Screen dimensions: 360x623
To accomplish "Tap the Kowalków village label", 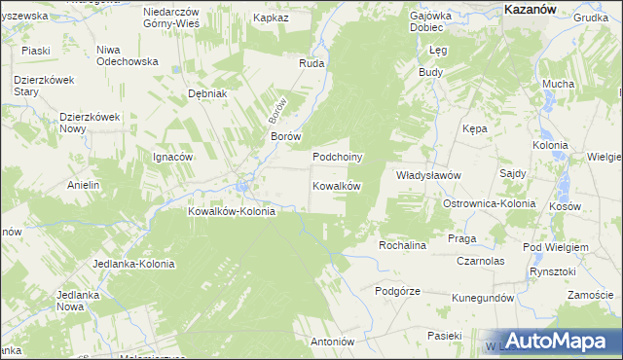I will point(337,186).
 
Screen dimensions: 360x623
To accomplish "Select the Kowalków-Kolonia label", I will point(232,211).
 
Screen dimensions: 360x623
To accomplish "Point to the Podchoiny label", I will point(337,157).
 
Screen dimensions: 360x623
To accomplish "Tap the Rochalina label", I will point(403,246).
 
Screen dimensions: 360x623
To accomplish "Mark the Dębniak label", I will point(207,93).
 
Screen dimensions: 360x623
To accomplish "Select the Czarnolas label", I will point(479,261).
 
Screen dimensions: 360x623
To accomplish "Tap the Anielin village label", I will point(84,185).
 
